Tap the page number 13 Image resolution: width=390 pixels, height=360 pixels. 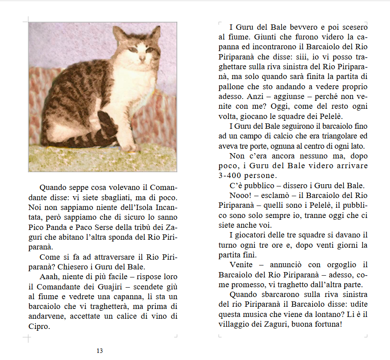(99, 351)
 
